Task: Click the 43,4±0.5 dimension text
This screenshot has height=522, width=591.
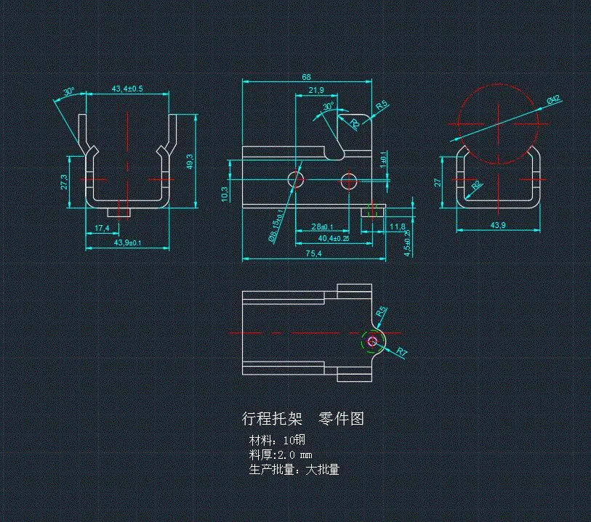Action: tap(127, 89)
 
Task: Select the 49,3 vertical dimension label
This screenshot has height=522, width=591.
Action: tap(190, 160)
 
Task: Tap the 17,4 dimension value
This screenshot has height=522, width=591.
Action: tap(102, 228)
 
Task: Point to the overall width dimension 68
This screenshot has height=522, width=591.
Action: tap(306, 77)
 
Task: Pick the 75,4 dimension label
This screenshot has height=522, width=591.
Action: tap(314, 253)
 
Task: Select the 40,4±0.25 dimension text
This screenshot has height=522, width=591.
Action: tap(334, 237)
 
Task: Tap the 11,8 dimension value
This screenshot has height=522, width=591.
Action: tap(398, 227)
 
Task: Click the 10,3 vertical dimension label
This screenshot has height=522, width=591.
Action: tap(225, 194)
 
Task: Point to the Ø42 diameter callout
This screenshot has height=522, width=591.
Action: tap(552, 100)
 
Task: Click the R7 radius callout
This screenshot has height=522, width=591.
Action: tap(402, 352)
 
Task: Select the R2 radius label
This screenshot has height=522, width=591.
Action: tap(476, 186)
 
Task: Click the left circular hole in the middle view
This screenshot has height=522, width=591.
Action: tap(295, 179)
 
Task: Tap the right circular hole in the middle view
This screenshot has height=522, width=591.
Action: tap(349, 179)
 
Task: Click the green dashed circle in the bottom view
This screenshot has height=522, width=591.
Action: tap(372, 341)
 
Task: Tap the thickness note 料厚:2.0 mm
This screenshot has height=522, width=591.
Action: tap(281, 454)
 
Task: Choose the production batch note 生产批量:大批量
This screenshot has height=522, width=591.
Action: tap(294, 469)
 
